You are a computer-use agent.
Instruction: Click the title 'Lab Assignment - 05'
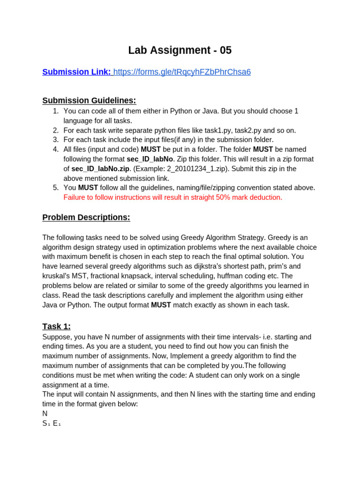click(x=180, y=50)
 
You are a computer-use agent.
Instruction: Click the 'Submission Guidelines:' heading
click(x=89, y=100)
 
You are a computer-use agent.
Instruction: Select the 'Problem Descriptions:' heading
click(x=86, y=217)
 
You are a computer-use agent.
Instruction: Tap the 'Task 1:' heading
click(x=56, y=326)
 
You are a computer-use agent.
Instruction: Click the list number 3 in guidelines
click(x=56, y=140)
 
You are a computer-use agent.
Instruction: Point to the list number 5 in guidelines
click(x=56, y=187)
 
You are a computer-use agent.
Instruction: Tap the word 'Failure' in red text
click(x=76, y=197)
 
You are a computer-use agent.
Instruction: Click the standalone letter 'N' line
click(x=45, y=413)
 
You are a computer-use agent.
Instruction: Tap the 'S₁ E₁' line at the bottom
click(x=52, y=423)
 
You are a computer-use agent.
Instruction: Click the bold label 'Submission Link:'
click(x=77, y=72)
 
